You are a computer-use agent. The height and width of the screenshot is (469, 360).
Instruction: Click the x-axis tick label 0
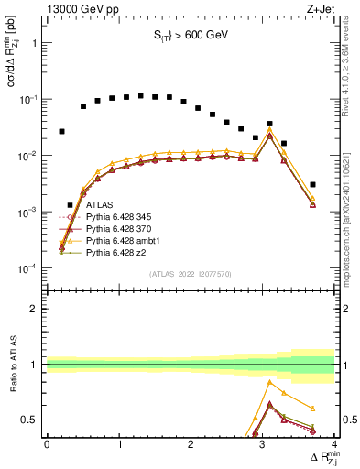coord(47,443)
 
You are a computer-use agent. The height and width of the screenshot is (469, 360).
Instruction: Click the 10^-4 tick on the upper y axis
coord(28,268)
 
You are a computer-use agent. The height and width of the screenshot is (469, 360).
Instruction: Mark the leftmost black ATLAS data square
coord(61,132)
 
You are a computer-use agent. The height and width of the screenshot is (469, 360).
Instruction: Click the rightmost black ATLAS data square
coord(312,185)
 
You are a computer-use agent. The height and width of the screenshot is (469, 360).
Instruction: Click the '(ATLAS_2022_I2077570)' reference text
coord(190,273)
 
